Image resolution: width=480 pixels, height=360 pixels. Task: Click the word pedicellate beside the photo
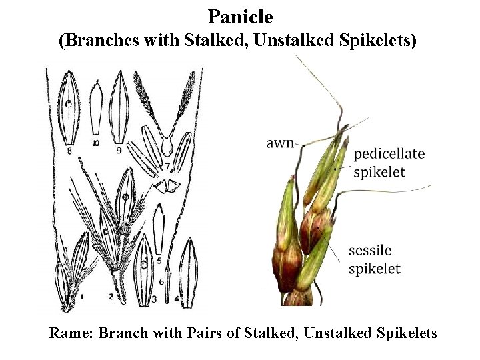389,155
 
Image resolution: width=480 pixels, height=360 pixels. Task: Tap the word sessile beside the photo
370,251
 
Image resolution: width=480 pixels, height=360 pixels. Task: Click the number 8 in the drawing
69,151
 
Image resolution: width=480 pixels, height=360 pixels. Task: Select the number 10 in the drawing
97,143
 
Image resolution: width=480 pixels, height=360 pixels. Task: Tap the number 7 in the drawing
167,164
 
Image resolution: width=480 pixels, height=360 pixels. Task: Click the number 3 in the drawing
153,299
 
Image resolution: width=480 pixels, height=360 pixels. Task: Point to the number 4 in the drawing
176,299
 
